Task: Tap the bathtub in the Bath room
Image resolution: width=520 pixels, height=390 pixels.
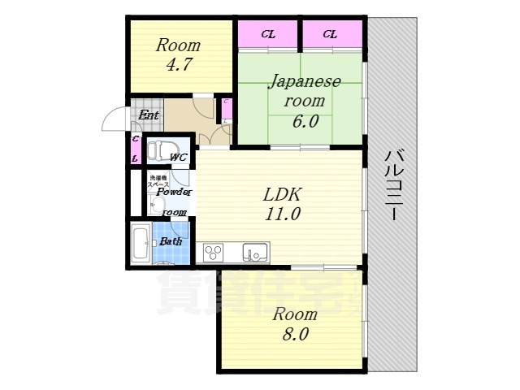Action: [x=140, y=243]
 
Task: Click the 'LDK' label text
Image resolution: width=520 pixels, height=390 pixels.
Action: [x=281, y=195]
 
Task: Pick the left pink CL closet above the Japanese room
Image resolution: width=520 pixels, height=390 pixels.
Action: [x=267, y=34]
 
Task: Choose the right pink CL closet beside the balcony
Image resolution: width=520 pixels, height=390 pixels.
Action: [x=331, y=34]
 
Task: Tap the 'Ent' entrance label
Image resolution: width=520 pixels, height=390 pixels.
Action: [x=148, y=115]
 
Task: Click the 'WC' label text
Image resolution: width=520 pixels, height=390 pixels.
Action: [x=179, y=157]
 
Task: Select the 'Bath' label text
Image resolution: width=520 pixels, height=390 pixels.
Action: [x=170, y=241]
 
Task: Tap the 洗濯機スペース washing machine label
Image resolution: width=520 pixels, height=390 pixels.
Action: [x=158, y=181]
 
